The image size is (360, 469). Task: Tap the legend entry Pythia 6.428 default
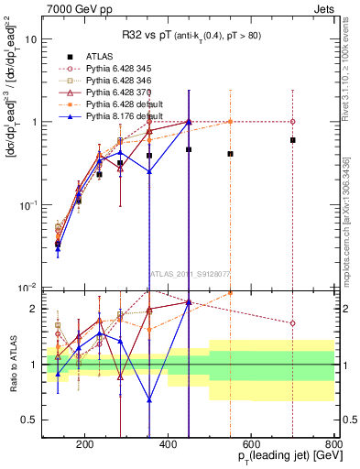point(121,104)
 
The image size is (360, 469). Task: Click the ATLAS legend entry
point(102,57)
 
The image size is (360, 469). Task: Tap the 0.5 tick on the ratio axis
point(34,420)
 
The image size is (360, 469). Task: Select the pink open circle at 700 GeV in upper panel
point(293,122)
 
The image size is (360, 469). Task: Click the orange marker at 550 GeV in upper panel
point(230,122)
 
